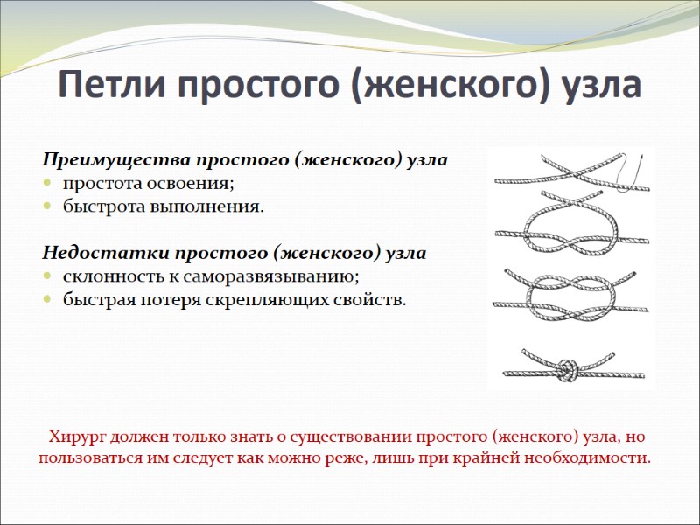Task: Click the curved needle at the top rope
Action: pyautogui.click(x=634, y=170)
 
